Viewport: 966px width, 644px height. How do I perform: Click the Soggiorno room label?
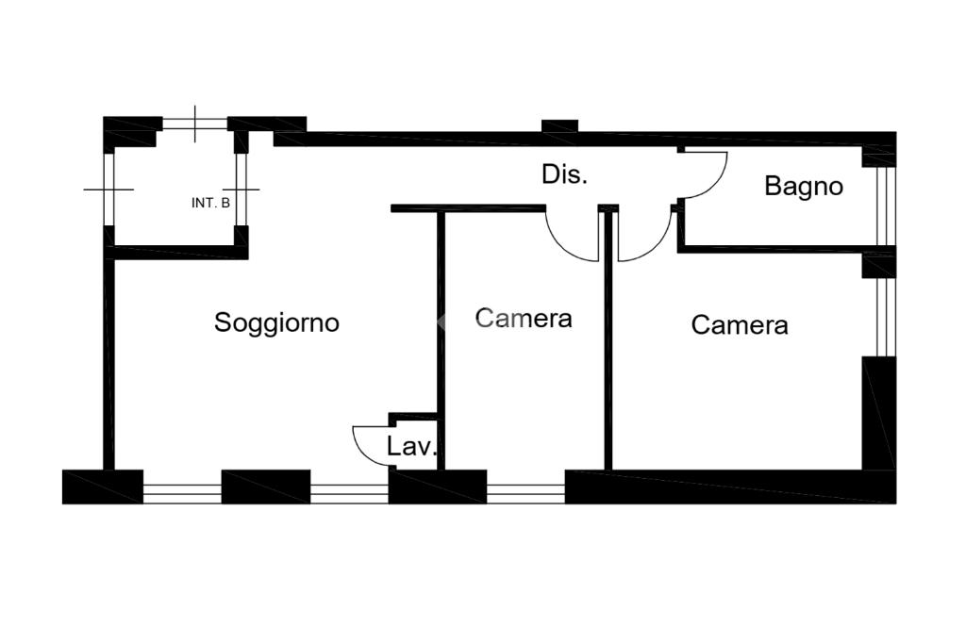coord(276,322)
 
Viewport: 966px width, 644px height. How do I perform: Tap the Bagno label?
coord(803,186)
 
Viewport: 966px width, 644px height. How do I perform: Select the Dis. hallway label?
coord(564,174)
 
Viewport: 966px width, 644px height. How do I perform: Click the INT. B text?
coord(210,203)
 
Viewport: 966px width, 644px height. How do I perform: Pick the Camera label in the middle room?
coord(524,318)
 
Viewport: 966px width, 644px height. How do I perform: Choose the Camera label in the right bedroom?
coord(740,325)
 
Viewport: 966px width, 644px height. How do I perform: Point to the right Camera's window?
coord(883,317)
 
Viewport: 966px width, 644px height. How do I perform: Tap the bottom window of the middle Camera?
coord(525,490)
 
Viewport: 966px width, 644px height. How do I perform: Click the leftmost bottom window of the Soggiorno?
coord(181,490)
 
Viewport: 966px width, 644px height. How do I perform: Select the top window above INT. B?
coord(195,124)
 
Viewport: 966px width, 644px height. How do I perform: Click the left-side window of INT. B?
coord(108,189)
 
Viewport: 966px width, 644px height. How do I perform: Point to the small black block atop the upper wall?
coord(559,125)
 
